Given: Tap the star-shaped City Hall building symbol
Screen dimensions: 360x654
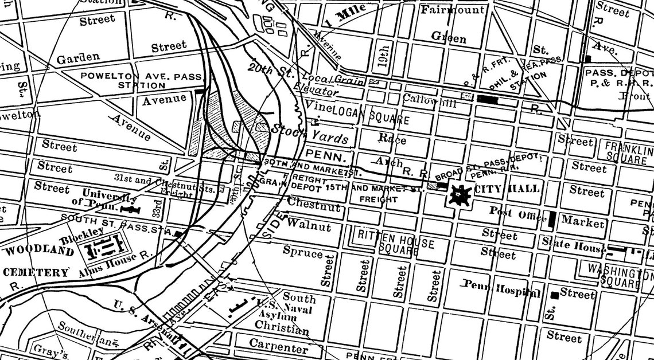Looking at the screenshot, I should (460, 195).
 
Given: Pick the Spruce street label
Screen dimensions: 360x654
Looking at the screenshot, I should (303, 252).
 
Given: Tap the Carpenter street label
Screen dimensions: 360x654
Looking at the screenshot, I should (278, 345).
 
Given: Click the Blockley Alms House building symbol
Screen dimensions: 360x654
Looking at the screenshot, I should (102, 246).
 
